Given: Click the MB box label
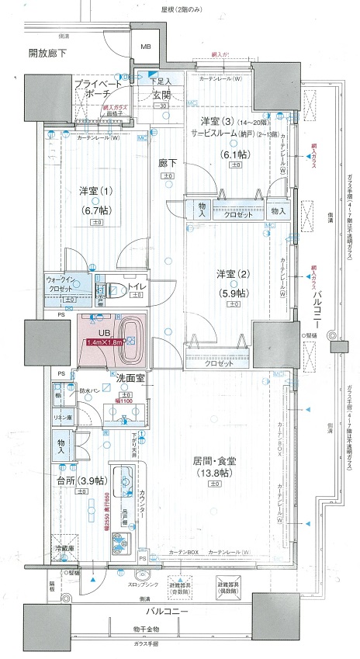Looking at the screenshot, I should pos(145,47).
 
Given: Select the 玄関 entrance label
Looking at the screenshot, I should pos(161,95).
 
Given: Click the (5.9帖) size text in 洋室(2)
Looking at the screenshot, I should pos(233,293).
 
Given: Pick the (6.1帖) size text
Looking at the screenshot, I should pos(233,154).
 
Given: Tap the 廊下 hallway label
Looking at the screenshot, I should pos(168,165).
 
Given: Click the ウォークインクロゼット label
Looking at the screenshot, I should pos(62,284).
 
